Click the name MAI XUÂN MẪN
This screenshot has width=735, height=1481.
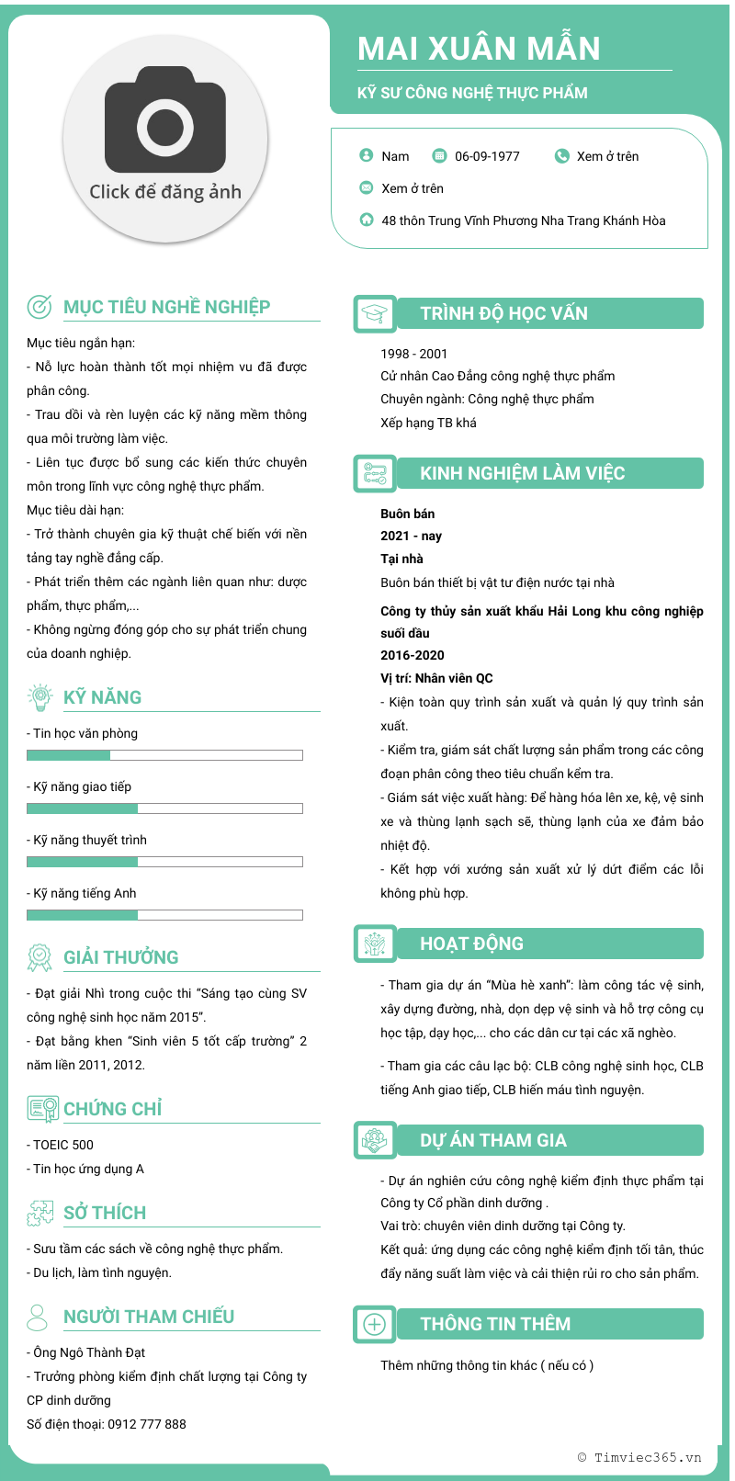(479, 49)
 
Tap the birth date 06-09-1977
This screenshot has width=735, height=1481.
(487, 156)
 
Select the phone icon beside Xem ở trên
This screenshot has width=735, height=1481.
(562, 156)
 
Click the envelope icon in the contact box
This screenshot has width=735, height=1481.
(367, 188)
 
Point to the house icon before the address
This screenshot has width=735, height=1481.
(367, 220)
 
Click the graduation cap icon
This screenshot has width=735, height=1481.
(375, 314)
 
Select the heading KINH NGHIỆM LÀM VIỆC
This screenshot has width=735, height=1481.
(522, 473)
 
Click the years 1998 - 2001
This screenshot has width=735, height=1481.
(414, 354)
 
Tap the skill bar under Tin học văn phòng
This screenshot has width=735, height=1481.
(164, 755)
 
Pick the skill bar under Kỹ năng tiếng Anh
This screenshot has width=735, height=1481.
(164, 915)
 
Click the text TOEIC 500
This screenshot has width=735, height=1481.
(63, 1145)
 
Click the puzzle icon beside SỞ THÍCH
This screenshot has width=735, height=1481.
(40, 1213)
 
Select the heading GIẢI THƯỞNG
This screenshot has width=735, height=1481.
(121, 957)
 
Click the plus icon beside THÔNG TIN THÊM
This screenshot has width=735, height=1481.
(375, 1325)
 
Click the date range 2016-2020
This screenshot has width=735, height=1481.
(413, 655)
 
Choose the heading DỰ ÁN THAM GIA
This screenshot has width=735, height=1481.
(493, 1140)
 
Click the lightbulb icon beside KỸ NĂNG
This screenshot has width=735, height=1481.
(40, 697)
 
